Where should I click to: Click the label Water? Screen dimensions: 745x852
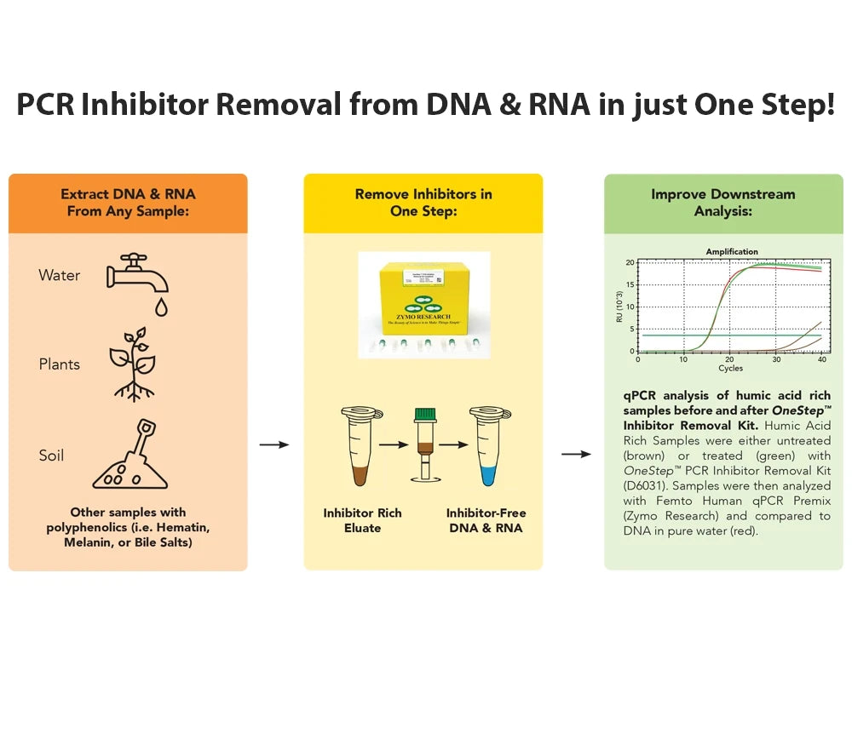[x=60, y=275]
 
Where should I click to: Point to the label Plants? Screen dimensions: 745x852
[x=60, y=364]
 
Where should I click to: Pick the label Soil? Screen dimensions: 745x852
[x=51, y=456]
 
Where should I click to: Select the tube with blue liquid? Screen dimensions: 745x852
[x=489, y=447]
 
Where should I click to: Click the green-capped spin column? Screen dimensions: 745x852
[x=423, y=444]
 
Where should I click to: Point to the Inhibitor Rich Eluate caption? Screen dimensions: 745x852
[x=362, y=520]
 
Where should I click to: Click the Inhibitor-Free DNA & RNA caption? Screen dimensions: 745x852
[x=486, y=520]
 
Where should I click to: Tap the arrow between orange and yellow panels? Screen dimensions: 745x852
[x=273, y=444]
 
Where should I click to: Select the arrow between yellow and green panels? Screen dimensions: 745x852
[x=576, y=454]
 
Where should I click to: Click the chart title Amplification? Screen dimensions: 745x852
[x=731, y=252]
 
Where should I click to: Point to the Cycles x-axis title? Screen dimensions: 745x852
[x=730, y=369]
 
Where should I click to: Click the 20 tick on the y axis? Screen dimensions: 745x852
[x=630, y=262]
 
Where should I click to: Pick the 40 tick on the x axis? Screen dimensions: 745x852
[x=821, y=360]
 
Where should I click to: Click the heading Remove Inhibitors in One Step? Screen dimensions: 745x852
[x=423, y=203]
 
